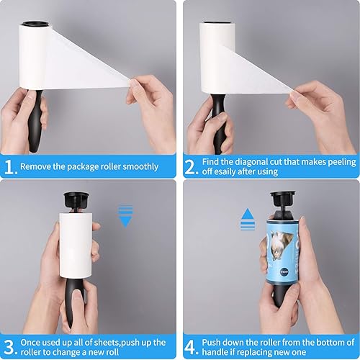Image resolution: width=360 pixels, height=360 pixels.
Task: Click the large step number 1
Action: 9,167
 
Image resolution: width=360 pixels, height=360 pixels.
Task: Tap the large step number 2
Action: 190,167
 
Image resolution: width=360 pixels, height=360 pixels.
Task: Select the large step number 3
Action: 9,347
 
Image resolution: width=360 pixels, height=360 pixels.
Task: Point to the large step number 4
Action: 191,347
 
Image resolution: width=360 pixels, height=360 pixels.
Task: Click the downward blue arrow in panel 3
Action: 125,216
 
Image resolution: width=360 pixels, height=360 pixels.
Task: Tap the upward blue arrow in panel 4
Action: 248,220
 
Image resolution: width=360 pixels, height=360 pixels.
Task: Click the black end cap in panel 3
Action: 76,200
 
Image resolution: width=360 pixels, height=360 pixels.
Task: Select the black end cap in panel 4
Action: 283,199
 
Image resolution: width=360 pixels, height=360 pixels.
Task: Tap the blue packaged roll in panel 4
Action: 283,251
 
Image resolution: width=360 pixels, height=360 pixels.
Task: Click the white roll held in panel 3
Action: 76,246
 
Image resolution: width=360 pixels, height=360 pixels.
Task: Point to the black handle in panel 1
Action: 35,121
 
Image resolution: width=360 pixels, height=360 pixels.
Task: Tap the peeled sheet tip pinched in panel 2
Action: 292,91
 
